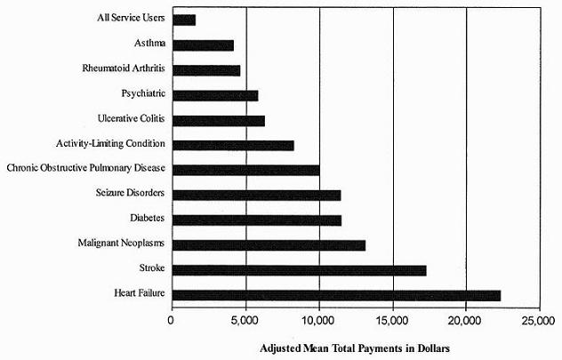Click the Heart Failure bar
click(336, 295)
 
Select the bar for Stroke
click(299, 270)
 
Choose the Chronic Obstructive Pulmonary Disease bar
click(245, 169)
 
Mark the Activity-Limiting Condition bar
click(233, 144)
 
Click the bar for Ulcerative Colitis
click(218, 119)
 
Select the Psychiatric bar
click(214, 94)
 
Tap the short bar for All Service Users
click(184, 19)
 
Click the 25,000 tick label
click(539, 320)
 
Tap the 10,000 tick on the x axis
click(318, 320)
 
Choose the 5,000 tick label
click(245, 320)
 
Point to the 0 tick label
click(172, 320)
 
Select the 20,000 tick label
click(465, 320)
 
